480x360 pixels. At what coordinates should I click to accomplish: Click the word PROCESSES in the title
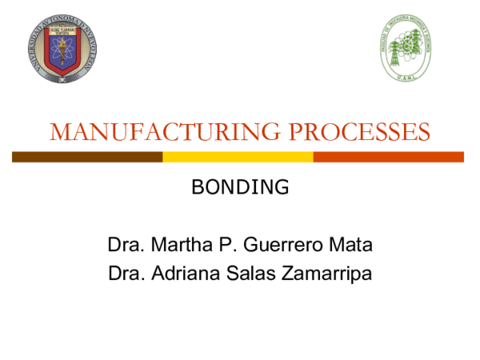tap(352, 132)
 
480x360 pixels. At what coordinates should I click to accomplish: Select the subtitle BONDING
tap(240, 188)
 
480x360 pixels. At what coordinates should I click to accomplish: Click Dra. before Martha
tap(124, 244)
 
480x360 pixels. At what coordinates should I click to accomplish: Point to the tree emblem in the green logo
tap(406, 46)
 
